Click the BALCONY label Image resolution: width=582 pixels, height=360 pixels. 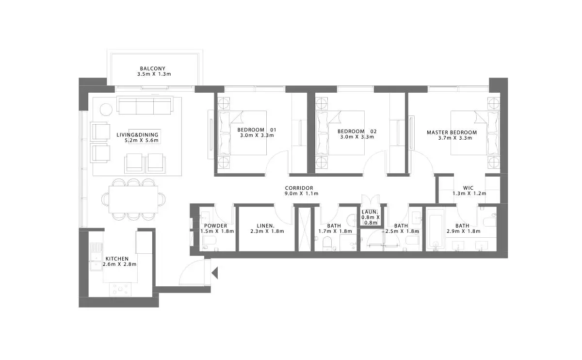click(x=152, y=68)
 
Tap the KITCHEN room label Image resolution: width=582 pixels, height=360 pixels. click(x=117, y=259)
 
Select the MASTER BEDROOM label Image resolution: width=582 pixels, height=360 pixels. click(x=452, y=132)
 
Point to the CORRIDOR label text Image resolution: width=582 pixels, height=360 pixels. click(x=299, y=188)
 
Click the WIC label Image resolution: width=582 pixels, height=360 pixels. click(x=468, y=188)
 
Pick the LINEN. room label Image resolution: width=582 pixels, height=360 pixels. click(x=266, y=226)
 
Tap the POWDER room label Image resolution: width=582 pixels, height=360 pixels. click(x=215, y=226)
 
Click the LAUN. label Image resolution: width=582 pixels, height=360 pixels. click(x=370, y=212)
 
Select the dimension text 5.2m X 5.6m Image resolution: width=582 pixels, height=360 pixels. click(x=142, y=141)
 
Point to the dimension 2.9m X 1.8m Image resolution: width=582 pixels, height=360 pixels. click(x=464, y=231)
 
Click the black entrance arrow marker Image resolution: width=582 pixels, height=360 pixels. click(x=215, y=273)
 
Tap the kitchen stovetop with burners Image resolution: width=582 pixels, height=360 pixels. click(x=120, y=289)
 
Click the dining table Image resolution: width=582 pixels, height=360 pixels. click(x=133, y=199)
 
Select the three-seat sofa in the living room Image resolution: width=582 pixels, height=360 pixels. click(x=145, y=105)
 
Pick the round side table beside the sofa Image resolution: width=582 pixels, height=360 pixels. click(x=106, y=110)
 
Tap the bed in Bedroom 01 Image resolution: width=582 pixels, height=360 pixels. click(x=242, y=133)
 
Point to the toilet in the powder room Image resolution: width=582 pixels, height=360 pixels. click(x=209, y=241)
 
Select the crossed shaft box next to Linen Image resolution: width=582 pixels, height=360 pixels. click(x=304, y=229)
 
